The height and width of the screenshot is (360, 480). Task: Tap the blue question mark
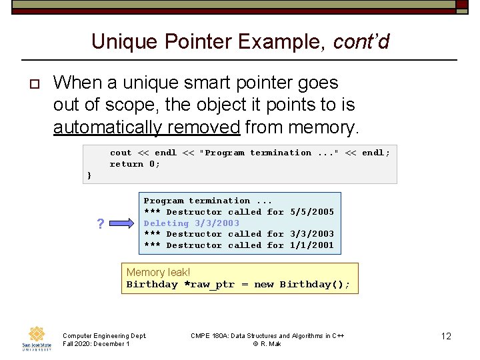point(100,224)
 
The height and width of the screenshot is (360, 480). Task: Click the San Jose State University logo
point(36,337)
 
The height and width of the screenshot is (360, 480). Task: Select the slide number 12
point(446,336)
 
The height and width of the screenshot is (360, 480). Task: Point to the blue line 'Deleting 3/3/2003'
point(191,223)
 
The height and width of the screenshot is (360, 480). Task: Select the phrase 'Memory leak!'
point(158,272)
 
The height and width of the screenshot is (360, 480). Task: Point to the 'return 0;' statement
point(135,164)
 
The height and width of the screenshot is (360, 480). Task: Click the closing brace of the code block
point(89,175)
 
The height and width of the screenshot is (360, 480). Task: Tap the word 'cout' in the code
point(121,153)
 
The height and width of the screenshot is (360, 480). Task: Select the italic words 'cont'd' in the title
point(361,42)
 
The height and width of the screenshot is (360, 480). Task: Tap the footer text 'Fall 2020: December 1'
point(95,344)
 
